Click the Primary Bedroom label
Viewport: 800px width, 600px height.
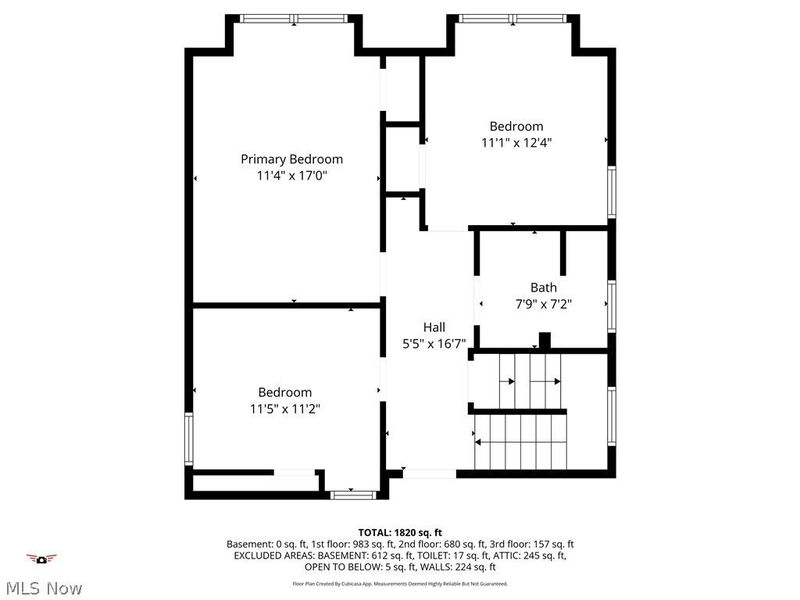click(x=292, y=159)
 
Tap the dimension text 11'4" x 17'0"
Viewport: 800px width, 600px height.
click(x=292, y=175)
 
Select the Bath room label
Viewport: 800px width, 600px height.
click(x=543, y=287)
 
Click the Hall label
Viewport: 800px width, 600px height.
click(x=434, y=327)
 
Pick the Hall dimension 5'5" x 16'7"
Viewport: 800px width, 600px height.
click(x=434, y=343)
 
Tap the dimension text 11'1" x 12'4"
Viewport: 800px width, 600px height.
click(x=516, y=142)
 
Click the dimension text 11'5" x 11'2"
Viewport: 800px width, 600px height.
click(x=285, y=408)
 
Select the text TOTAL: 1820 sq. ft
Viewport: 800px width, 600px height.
click(x=400, y=532)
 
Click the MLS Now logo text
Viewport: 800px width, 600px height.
click(x=42, y=588)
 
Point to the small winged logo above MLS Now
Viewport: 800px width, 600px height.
click(x=42, y=558)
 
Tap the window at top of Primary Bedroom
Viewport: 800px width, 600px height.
click(x=294, y=18)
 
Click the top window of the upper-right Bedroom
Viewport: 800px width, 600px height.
click(x=512, y=18)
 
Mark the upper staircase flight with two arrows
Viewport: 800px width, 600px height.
click(x=530, y=381)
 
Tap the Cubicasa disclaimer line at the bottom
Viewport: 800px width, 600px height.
click(x=400, y=583)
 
